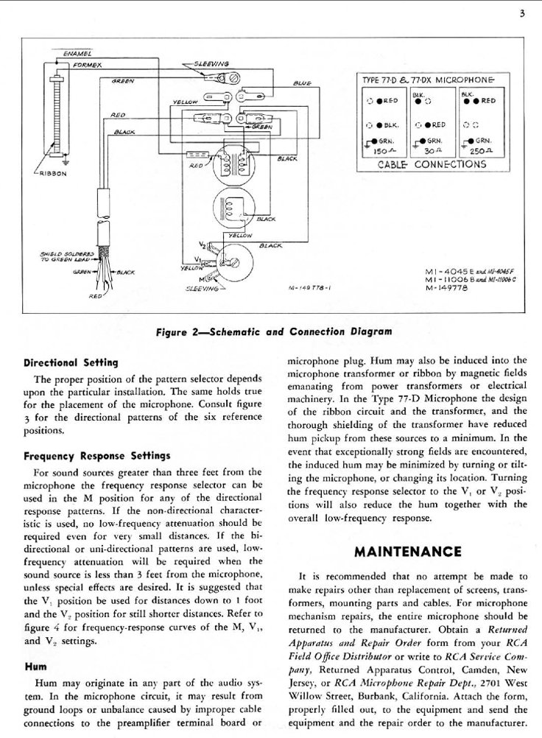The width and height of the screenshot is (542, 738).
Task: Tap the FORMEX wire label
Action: point(85,65)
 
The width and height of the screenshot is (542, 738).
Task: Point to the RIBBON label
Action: point(53,175)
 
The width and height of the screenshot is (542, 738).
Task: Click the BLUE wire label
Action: point(302,84)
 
